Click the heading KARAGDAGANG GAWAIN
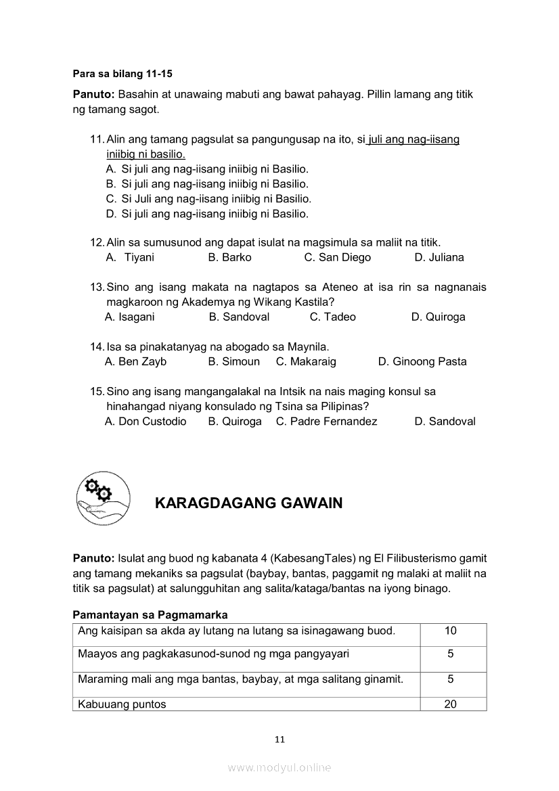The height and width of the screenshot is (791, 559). pos(248,503)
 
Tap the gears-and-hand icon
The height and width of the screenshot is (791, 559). pos(103,499)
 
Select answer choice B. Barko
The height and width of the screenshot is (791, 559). pos(229,257)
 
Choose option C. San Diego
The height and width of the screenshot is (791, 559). pos(337,257)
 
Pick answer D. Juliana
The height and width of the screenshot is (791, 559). pos(439,257)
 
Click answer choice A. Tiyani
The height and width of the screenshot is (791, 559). pos(130,257)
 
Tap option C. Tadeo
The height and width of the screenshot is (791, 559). pos(332,317)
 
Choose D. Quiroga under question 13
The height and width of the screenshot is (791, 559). pos(438,317)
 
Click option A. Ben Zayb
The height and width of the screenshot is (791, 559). pos(135,361)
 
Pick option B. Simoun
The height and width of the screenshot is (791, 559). pos(233,361)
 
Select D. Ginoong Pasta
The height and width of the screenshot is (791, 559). pos(422,361)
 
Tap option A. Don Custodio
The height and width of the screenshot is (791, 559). pos(146,421)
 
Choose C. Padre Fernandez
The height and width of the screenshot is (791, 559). pos(326,421)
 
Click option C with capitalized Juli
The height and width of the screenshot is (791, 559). pos(208,199)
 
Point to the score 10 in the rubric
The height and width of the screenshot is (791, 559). pos(450,631)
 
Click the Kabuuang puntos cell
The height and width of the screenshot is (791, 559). pos(122,704)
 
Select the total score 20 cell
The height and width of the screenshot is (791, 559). pos(450,704)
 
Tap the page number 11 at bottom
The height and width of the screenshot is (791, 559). pos(279,739)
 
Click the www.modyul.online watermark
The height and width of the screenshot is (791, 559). pos(279,767)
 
